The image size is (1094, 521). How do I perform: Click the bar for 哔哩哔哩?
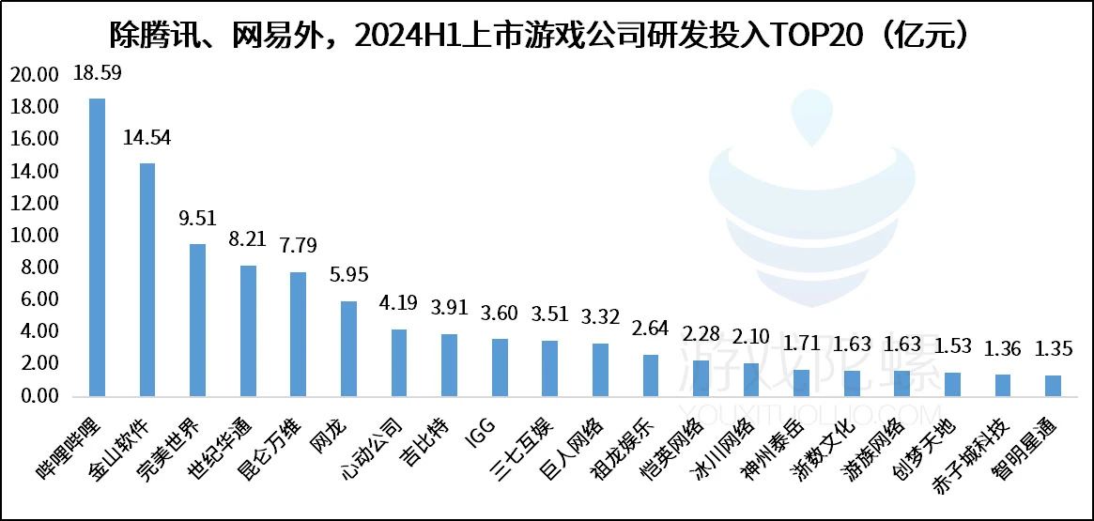tap(97, 247)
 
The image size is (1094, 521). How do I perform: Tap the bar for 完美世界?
tap(197, 320)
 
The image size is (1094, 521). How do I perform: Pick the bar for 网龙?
tap(348, 348)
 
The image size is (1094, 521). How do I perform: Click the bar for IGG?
tap(500, 367)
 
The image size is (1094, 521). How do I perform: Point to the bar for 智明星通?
tap(1053, 386)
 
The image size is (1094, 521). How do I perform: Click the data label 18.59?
tap(97, 72)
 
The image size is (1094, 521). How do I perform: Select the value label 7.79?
tap(298, 246)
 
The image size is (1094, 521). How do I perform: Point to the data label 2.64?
tap(650, 329)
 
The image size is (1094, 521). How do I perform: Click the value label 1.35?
tap(1053, 350)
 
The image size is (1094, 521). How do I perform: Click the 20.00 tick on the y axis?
tap(35, 76)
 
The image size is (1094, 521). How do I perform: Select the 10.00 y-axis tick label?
tap(35, 236)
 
